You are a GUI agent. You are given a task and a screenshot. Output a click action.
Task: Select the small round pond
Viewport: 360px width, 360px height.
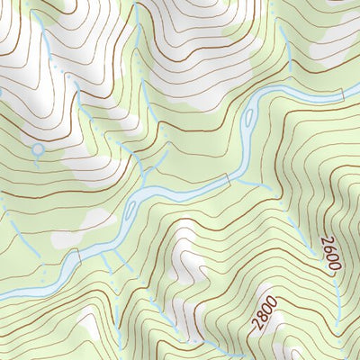coord(37,149)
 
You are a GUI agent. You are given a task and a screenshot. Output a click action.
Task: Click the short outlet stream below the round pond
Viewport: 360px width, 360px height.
coord(38,160)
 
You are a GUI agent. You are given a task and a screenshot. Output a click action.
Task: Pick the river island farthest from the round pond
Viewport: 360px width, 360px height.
coord(247,115)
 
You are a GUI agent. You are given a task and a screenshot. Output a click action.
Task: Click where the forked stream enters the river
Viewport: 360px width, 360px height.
coord(142,186)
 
